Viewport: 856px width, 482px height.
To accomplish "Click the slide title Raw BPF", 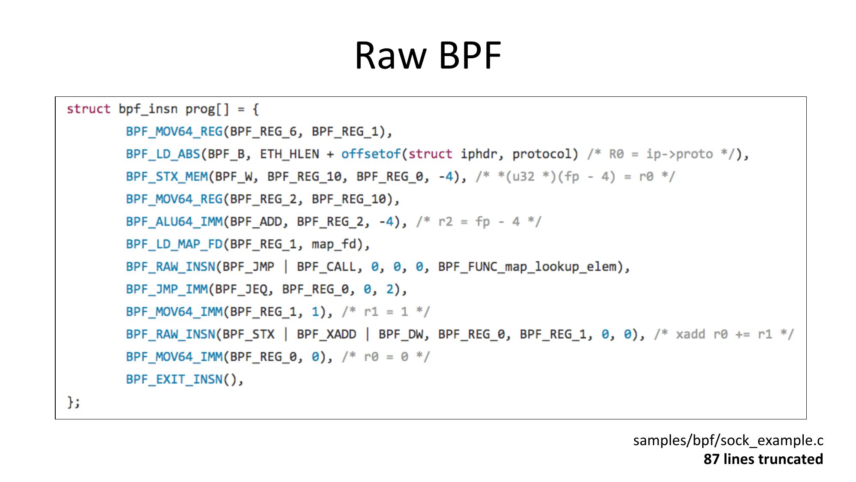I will (x=428, y=55).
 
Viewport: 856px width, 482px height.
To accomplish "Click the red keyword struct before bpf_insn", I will (x=88, y=109).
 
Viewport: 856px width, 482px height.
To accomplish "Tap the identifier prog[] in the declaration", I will (x=207, y=109).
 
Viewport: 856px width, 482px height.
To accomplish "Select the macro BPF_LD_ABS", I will (x=163, y=154).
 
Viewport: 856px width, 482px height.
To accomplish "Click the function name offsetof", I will (x=371, y=154).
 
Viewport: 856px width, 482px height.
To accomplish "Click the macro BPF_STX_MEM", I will (x=167, y=177).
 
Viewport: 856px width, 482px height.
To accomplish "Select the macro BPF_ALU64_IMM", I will (x=174, y=222).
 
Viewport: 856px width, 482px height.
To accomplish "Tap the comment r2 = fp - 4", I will (x=479, y=222).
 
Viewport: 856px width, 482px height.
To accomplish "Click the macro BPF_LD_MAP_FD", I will (x=174, y=244).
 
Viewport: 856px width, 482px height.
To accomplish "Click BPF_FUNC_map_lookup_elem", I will (x=527, y=267).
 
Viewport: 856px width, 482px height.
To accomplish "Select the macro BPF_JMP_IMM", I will (x=167, y=289).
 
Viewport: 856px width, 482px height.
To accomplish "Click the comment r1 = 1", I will (x=386, y=312).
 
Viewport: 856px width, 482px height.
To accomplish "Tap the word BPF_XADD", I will (x=326, y=334).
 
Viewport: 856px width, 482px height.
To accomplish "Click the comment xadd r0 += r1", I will (x=724, y=334).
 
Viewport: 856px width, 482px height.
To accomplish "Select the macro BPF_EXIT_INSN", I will (x=174, y=379).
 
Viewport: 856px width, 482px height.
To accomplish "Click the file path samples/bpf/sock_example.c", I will (x=728, y=440).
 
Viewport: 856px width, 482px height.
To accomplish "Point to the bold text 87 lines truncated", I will (x=763, y=459).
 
